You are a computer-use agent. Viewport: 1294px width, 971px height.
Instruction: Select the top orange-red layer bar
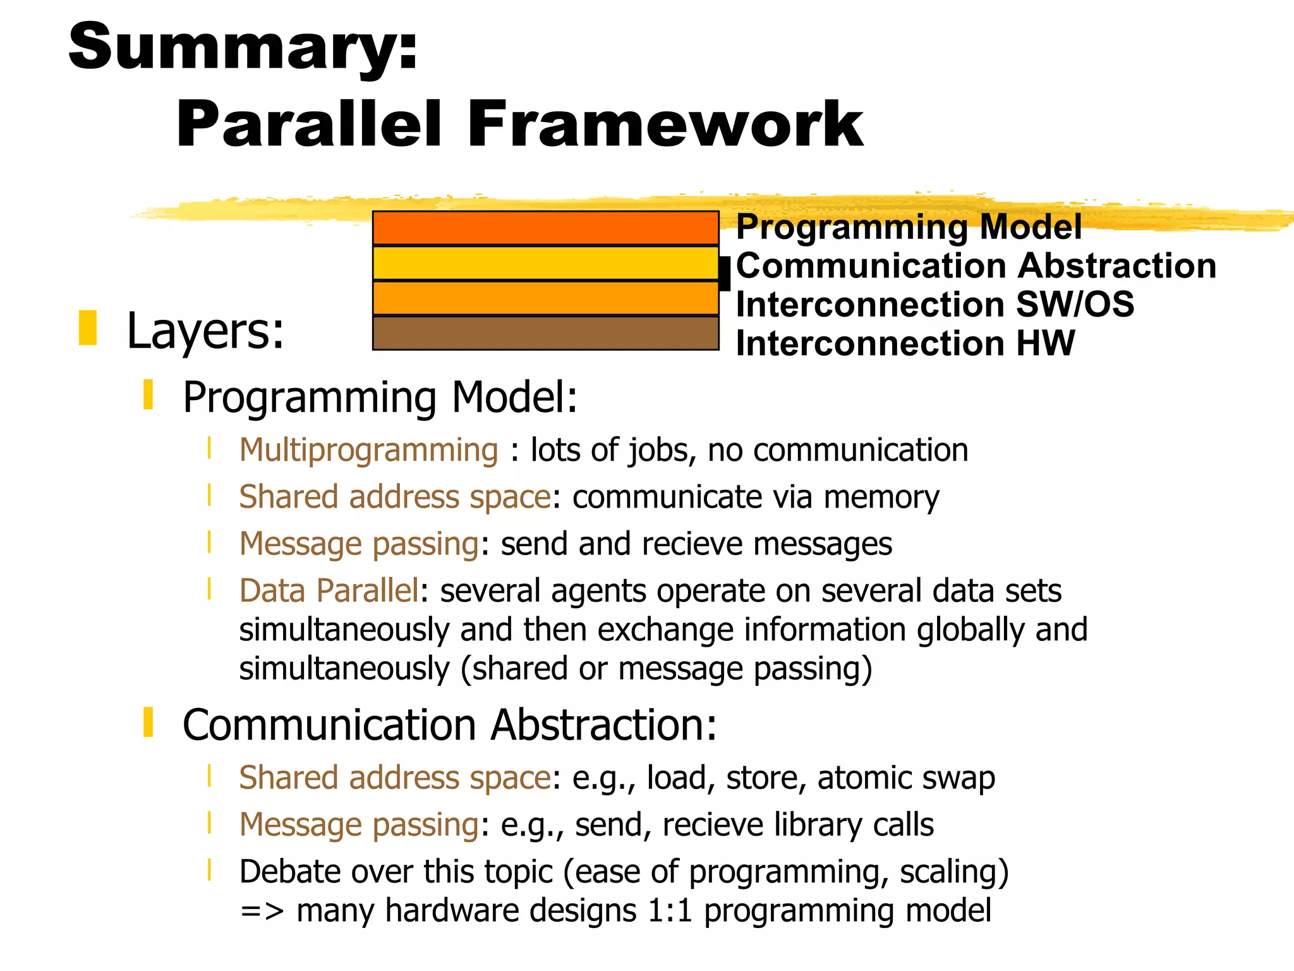(x=545, y=228)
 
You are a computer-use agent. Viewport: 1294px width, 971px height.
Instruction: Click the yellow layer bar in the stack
(x=545, y=263)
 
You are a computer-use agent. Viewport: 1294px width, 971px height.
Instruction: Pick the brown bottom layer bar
(x=545, y=333)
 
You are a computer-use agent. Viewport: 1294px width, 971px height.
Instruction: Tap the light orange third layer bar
(x=545, y=298)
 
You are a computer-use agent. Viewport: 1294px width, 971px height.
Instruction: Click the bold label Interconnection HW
(x=905, y=344)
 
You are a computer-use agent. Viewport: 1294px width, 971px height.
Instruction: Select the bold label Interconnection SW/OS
(x=934, y=305)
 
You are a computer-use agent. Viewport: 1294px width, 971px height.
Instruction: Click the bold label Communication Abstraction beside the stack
(x=976, y=266)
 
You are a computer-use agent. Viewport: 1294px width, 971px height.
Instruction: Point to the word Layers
(x=205, y=331)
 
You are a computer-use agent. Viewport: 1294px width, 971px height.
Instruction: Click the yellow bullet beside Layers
(x=87, y=327)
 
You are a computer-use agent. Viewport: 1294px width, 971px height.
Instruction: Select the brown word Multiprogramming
(x=368, y=451)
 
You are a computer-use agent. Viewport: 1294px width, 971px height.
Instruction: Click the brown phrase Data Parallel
(x=329, y=591)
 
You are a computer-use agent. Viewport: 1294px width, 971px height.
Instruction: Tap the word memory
(x=881, y=498)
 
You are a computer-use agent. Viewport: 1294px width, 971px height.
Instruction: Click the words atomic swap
(x=905, y=778)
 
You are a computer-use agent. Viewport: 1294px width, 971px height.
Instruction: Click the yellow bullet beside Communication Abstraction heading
(x=148, y=723)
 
